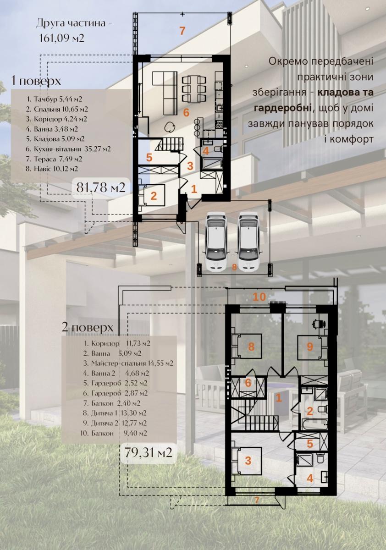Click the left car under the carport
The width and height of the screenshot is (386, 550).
click(x=216, y=242)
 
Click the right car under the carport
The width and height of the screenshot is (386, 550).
click(x=249, y=242)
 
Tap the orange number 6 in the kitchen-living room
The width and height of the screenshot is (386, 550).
click(x=187, y=113)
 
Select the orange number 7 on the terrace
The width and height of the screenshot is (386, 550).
click(x=182, y=31)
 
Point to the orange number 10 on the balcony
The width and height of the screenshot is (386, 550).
click(x=259, y=297)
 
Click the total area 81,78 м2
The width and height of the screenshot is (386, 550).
click(x=101, y=187)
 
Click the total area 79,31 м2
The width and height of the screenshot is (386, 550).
click(x=148, y=453)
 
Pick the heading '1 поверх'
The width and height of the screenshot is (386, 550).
click(x=36, y=81)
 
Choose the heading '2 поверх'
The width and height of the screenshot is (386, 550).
click(x=88, y=327)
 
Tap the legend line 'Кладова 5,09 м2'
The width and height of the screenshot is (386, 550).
click(x=55, y=139)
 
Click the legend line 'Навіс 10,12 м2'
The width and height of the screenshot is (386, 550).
click(x=52, y=169)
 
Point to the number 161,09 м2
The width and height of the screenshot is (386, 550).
click(x=61, y=38)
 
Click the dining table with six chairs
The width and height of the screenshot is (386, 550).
click(x=193, y=89)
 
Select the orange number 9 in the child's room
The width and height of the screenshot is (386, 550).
click(x=310, y=346)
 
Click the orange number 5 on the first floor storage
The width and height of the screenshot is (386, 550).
click(x=149, y=157)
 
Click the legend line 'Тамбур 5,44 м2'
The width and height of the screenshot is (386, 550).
click(x=54, y=99)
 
